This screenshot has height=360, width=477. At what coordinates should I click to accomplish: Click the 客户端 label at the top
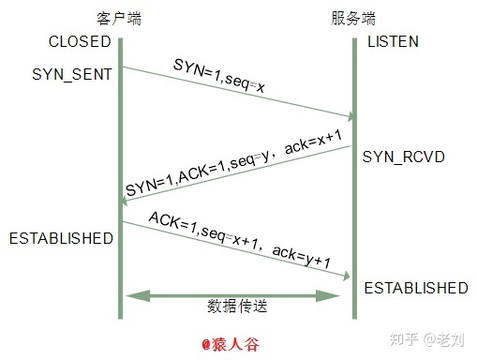pyautogui.click(x=118, y=18)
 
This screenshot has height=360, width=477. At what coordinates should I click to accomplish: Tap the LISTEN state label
pyautogui.click(x=393, y=42)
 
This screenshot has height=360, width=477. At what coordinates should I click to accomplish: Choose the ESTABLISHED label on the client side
pyautogui.click(x=61, y=238)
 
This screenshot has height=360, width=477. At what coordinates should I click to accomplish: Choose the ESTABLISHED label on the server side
pyautogui.click(x=415, y=287)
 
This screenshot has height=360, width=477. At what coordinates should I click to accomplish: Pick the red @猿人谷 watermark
pyautogui.click(x=231, y=344)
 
